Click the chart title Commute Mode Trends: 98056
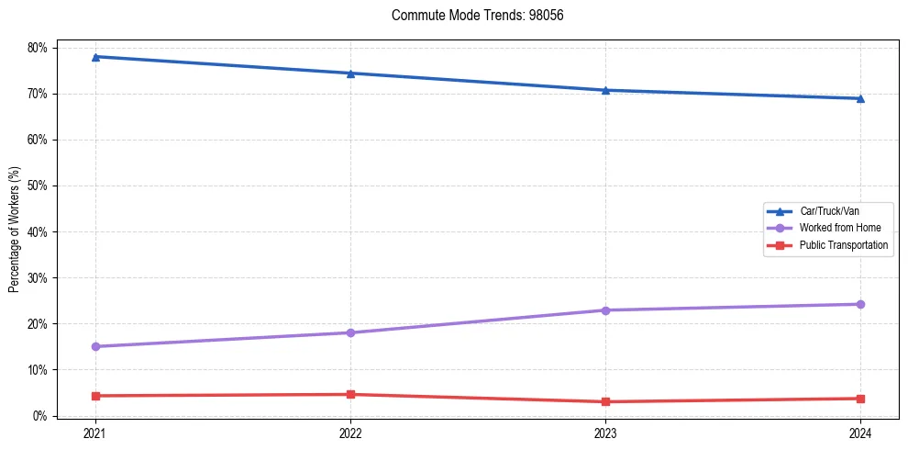[471, 16]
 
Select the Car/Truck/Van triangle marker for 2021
[95, 57]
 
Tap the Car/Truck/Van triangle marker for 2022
[350, 73]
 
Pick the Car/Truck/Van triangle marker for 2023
[605, 90]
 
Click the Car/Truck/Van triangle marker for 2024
[860, 98]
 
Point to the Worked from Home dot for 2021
[95, 346]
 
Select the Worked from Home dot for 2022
[350, 332]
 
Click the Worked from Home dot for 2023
[605, 310]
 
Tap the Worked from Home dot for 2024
[860, 304]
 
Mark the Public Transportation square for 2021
[95, 396]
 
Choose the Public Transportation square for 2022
[350, 395]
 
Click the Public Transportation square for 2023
[605, 401]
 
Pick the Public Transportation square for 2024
[860, 399]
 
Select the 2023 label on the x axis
[605, 433]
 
